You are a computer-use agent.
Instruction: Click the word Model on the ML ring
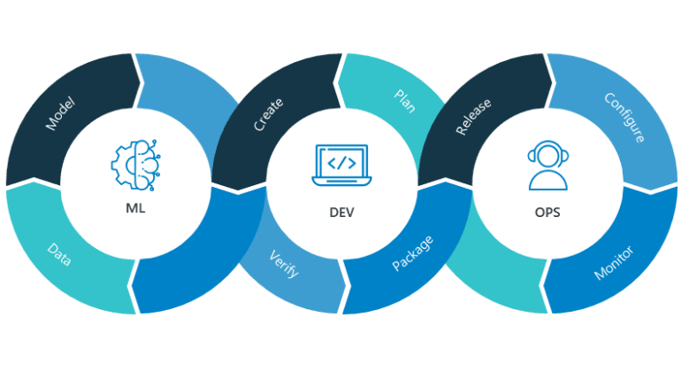coord(60,114)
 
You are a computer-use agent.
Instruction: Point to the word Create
coord(268,114)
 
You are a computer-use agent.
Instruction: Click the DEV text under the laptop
coord(340,213)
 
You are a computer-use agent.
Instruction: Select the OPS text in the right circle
coord(547,213)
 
